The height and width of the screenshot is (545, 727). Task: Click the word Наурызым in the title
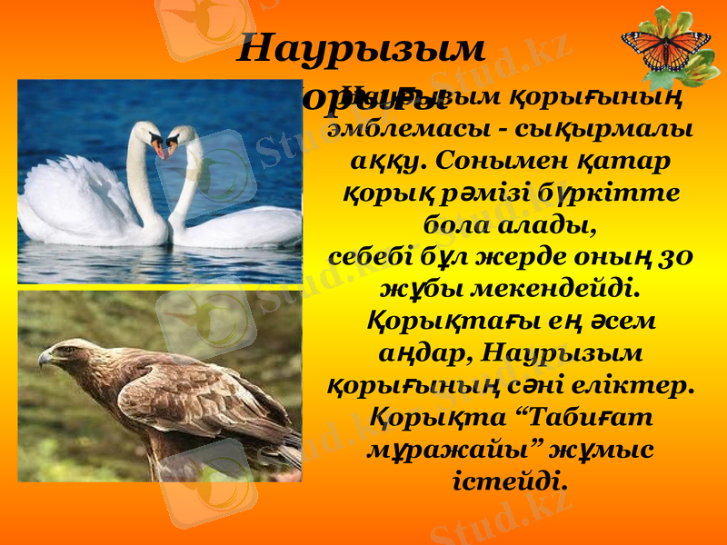click(x=362, y=49)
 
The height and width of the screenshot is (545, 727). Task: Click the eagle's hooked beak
click(x=44, y=359)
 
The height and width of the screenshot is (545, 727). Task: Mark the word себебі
click(x=368, y=256)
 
